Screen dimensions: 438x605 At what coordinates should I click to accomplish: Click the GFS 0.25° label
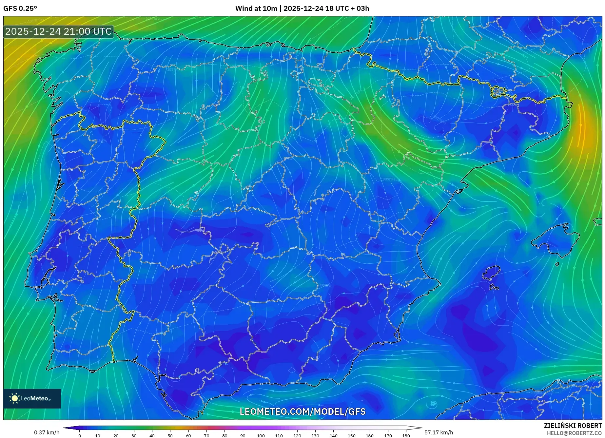click(20, 9)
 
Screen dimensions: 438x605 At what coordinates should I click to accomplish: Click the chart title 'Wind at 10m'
click(256, 9)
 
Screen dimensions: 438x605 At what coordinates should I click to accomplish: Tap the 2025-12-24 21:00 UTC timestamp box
click(59, 32)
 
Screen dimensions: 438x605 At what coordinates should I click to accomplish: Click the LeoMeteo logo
click(32, 398)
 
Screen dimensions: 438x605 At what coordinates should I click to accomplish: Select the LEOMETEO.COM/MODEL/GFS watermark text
click(302, 411)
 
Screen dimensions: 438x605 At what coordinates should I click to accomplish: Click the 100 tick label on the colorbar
click(261, 436)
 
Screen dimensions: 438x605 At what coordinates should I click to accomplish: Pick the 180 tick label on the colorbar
click(406, 436)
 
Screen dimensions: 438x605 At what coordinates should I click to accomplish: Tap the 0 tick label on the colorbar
click(80, 436)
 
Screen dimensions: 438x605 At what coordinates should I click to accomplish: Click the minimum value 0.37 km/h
click(47, 432)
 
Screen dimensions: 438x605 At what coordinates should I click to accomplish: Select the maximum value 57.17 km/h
click(439, 432)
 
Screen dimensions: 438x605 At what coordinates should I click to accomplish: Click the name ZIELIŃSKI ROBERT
click(573, 426)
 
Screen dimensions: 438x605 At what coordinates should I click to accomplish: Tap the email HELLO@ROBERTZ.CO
click(574, 433)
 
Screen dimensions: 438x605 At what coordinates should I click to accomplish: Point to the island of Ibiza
click(491, 273)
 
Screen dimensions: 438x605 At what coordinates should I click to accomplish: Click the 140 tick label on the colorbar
click(333, 436)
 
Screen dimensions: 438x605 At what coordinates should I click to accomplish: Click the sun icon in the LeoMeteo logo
click(15, 398)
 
